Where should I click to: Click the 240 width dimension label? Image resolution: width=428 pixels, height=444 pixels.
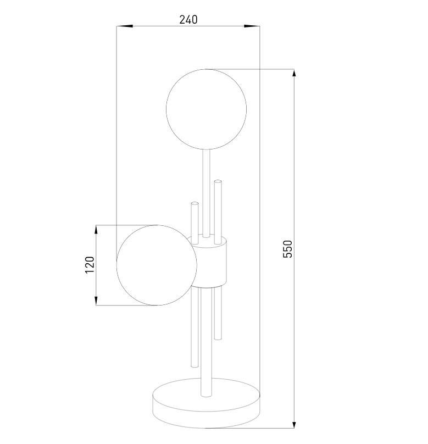[188, 20]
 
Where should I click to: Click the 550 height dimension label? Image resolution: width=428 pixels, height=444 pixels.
[287, 249]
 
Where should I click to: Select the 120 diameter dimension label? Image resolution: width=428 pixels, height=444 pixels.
[90, 265]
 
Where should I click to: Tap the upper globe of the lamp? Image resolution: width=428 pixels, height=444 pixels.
[207, 109]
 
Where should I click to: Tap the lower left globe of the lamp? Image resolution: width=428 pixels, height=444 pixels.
[157, 265]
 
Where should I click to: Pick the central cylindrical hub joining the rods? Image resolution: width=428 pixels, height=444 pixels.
[209, 261]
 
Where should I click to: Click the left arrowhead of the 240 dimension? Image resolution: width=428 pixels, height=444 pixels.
[125, 26]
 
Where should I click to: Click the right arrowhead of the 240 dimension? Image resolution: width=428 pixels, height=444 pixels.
[252, 26]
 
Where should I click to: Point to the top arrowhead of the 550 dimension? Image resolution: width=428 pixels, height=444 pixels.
[294, 73]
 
